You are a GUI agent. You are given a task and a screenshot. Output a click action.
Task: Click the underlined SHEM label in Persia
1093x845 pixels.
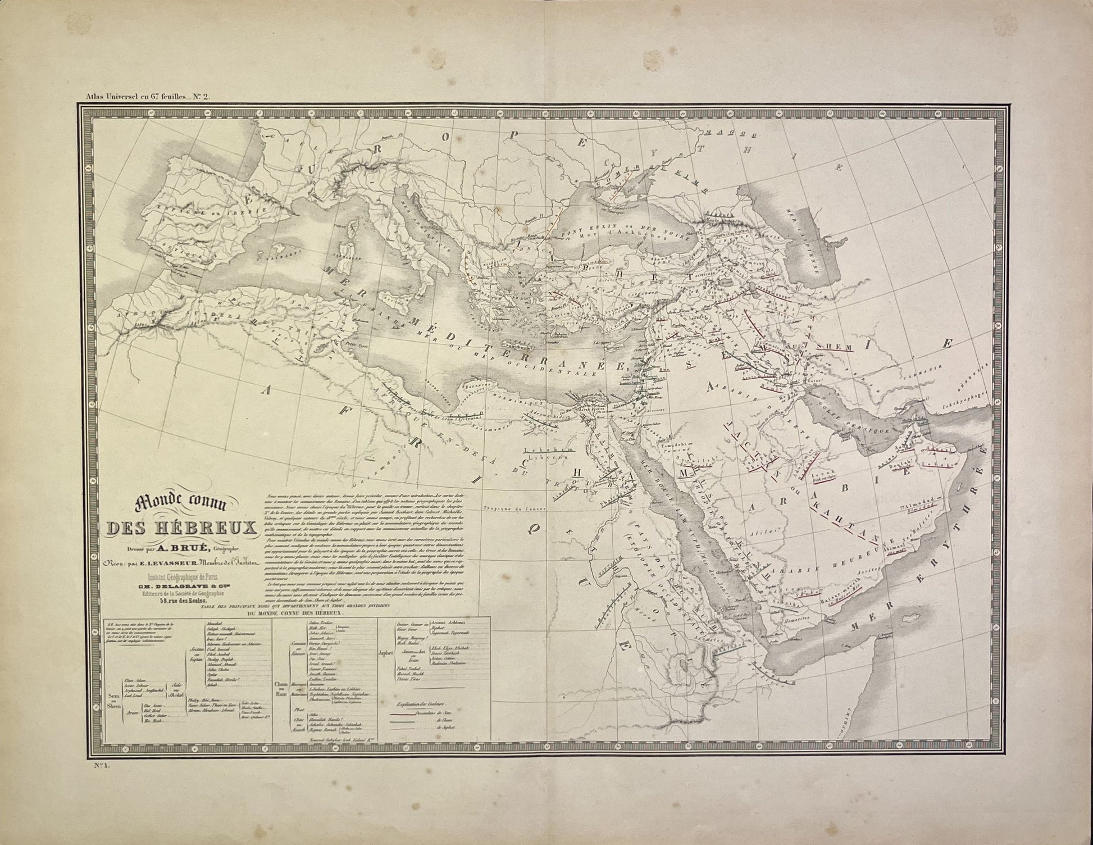click(836, 347)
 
